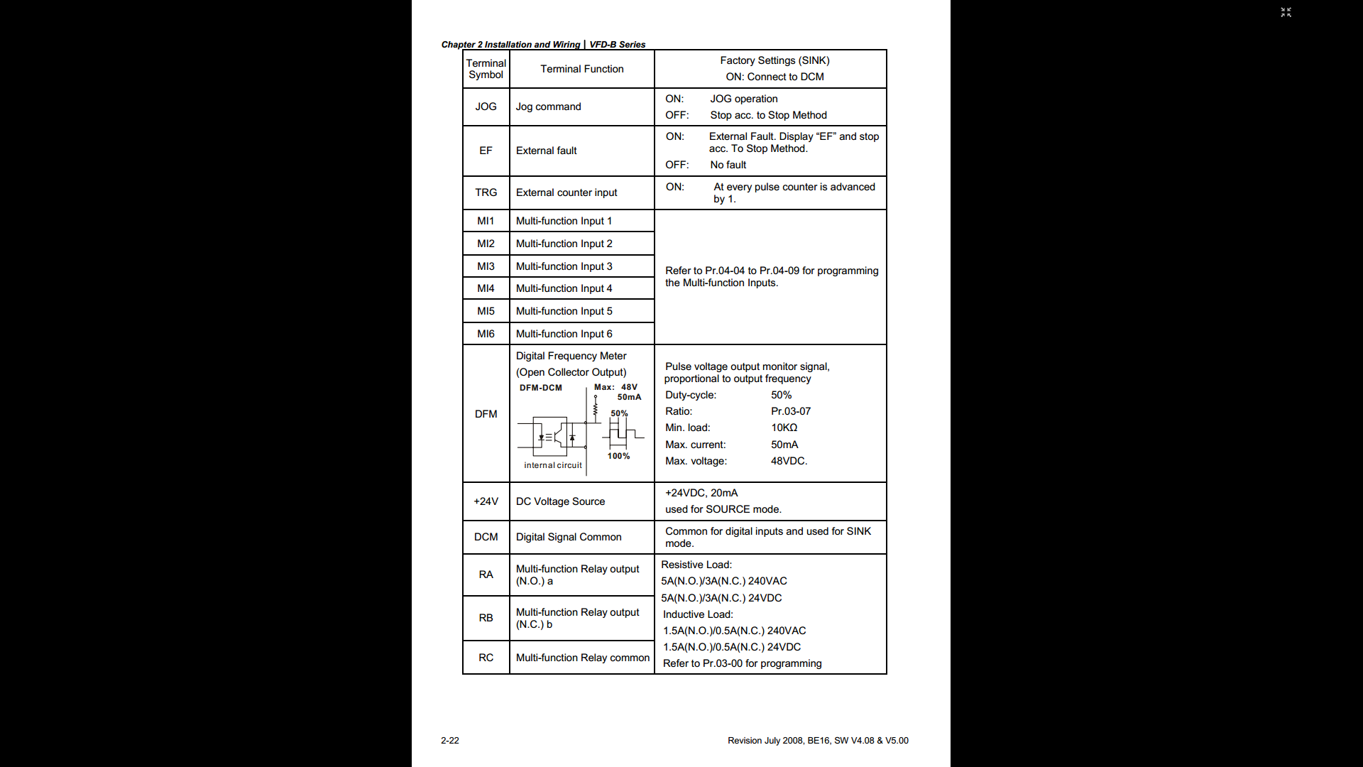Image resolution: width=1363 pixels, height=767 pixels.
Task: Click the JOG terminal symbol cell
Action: [486, 107]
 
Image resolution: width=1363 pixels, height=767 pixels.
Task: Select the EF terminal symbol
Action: [486, 151]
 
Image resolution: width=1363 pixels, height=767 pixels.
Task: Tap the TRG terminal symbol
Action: [486, 192]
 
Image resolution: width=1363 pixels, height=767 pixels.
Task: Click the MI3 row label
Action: [486, 266]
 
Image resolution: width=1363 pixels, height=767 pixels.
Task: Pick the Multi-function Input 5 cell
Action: [564, 311]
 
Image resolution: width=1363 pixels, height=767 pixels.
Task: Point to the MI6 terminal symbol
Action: [486, 334]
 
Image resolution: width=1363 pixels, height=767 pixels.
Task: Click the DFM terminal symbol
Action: [486, 414]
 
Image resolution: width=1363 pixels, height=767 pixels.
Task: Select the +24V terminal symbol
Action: [486, 501]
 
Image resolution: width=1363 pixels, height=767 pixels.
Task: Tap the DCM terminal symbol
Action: [486, 537]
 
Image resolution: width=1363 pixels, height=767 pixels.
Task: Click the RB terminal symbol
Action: [486, 618]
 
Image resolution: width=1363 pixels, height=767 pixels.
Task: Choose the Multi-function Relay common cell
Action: [582, 658]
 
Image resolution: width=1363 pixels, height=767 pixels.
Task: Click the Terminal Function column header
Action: [581, 69]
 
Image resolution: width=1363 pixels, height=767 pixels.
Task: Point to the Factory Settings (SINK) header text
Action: [774, 60]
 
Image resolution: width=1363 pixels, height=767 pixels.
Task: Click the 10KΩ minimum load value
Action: [784, 428]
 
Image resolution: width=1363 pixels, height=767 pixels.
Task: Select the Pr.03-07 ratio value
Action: [790, 411]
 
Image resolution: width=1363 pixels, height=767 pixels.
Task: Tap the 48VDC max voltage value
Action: [789, 461]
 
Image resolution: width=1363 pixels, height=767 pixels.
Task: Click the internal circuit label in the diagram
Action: [552, 465]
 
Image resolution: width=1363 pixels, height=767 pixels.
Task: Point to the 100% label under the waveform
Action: [618, 456]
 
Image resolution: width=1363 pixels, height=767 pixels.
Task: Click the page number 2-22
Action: [449, 740]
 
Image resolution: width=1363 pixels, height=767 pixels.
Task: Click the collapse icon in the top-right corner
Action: [1286, 12]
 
